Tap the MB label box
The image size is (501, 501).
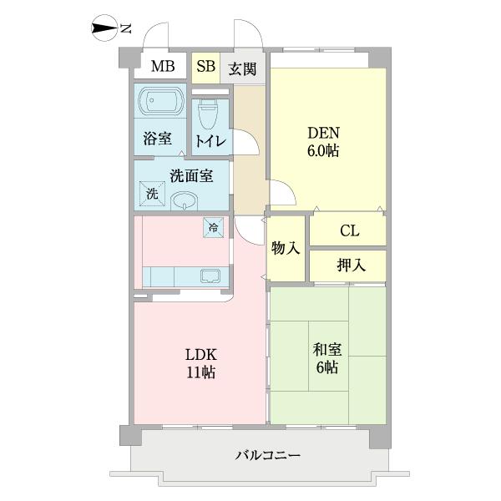point(163,68)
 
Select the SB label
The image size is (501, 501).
point(205,68)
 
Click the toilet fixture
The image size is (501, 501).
point(208,113)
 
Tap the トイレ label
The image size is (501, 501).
point(210,141)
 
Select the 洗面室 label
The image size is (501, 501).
point(190,175)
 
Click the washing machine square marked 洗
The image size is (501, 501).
point(152,193)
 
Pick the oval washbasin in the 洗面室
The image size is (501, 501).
point(185,200)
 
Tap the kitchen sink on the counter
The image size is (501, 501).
point(209,276)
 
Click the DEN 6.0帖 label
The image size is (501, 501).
point(323,142)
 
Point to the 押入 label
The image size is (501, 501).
point(349,266)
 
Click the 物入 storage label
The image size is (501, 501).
point(286,249)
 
